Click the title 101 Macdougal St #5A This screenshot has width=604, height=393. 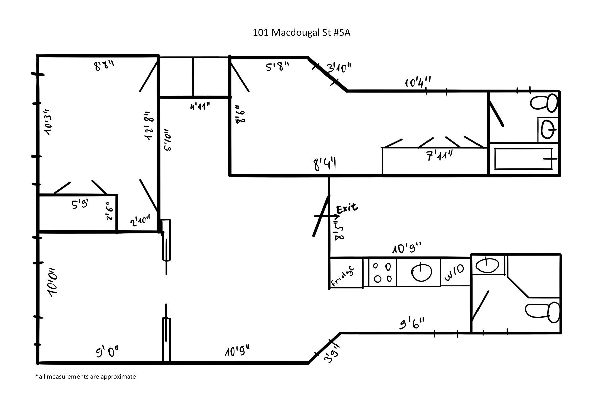pyautogui.click(x=301, y=33)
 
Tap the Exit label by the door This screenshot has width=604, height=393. pyautogui.click(x=347, y=209)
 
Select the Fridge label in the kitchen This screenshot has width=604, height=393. pyautogui.click(x=343, y=276)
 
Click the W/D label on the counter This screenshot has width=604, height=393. pyautogui.click(x=454, y=273)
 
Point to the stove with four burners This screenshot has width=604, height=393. pyautogui.click(x=383, y=272)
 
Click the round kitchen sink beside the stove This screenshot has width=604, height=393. pyautogui.click(x=422, y=273)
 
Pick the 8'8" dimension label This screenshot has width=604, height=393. pyautogui.click(x=104, y=65)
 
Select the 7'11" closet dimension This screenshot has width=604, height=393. pyautogui.click(x=440, y=155)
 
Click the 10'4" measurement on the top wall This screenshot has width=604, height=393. pyautogui.click(x=417, y=82)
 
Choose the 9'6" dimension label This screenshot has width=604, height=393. pyautogui.click(x=412, y=324)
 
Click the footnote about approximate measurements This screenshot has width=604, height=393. pyautogui.click(x=86, y=377)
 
